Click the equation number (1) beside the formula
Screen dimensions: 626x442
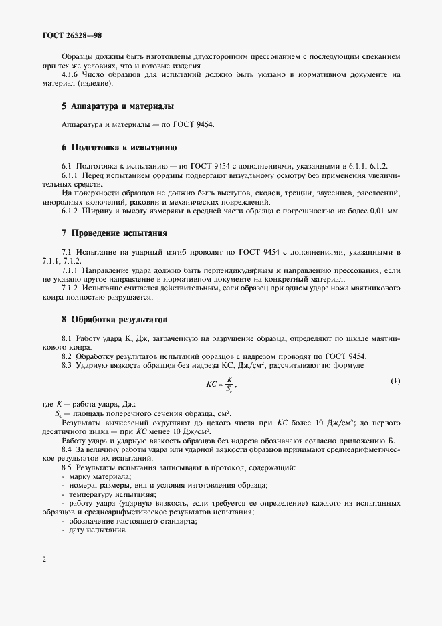coord(395,381)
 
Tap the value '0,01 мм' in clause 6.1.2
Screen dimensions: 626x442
coord(386,211)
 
